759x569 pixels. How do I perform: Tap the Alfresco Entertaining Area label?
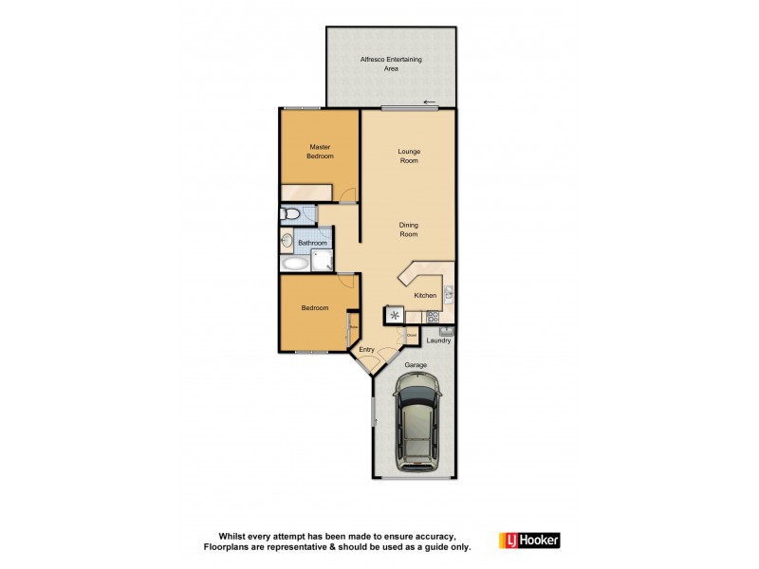click(x=391, y=64)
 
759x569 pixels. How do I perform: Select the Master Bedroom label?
click(x=320, y=151)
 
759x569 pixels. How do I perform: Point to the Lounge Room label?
click(x=410, y=156)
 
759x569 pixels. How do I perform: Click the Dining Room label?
click(x=409, y=229)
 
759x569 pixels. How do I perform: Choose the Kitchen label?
click(x=424, y=296)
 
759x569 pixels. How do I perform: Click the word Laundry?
click(x=437, y=340)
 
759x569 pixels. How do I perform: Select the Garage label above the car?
click(x=415, y=364)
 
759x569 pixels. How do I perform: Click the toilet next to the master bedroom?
click(x=290, y=215)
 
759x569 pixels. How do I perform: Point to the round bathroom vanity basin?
click(x=287, y=241)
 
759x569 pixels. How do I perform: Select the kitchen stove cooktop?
click(x=433, y=317)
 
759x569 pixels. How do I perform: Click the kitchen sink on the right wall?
click(x=450, y=292)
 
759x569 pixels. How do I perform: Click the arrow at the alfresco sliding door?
click(x=430, y=102)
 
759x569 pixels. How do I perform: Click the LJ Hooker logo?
click(x=529, y=541)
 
